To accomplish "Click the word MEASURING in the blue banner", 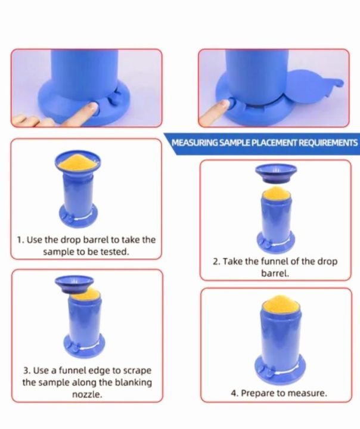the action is click(x=195, y=143).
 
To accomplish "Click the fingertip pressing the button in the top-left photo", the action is click(x=92, y=107).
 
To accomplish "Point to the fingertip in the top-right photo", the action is click(x=225, y=104).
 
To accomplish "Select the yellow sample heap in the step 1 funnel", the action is click(x=77, y=161).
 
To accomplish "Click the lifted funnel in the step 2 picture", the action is click(x=276, y=174).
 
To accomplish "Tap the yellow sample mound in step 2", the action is click(x=276, y=192).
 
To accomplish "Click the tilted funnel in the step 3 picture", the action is click(x=74, y=285).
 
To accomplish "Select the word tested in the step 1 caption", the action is click(x=114, y=251).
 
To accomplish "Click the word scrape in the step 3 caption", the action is click(x=137, y=371).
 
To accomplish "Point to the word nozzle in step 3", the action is click(x=87, y=394).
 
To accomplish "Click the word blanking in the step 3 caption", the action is click(x=133, y=383).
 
